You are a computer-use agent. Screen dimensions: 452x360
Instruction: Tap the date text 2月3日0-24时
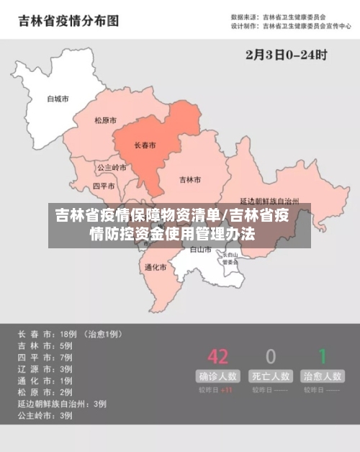click(x=286, y=54)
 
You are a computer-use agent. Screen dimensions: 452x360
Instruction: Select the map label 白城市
click(x=57, y=99)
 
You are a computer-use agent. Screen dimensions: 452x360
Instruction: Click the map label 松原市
click(x=106, y=120)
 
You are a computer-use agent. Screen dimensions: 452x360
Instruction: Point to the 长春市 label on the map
click(x=145, y=145)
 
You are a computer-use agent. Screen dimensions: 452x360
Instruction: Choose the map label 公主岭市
click(x=112, y=167)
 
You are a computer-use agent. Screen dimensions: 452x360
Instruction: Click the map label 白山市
click(x=201, y=250)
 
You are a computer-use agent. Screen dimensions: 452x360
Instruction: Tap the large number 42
click(x=217, y=356)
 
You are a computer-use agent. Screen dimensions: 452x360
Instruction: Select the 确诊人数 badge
click(x=217, y=376)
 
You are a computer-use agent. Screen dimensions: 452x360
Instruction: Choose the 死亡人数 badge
click(x=271, y=376)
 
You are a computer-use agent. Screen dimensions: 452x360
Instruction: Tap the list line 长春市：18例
click(x=69, y=335)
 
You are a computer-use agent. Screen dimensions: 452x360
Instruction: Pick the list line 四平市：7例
click(x=45, y=358)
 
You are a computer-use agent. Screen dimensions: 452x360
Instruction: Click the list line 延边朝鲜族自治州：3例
click(x=63, y=404)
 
